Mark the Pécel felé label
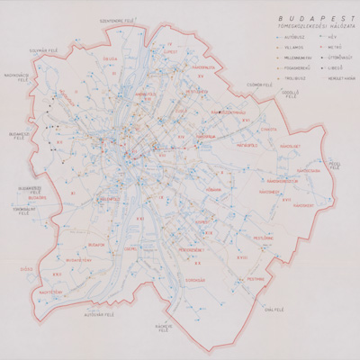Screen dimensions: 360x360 click(x=332, y=164)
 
